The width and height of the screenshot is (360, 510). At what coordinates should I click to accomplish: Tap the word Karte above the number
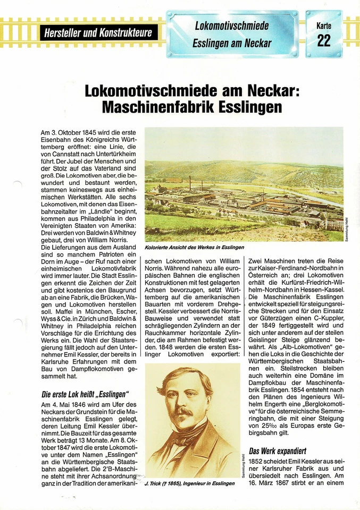coord(324,25)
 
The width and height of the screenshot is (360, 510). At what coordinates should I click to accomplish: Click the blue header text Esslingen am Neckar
coord(232,43)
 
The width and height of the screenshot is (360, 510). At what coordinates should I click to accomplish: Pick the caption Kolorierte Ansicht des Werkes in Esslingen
coord(194,247)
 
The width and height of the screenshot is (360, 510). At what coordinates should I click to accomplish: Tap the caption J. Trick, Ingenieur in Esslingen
coord(190,483)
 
